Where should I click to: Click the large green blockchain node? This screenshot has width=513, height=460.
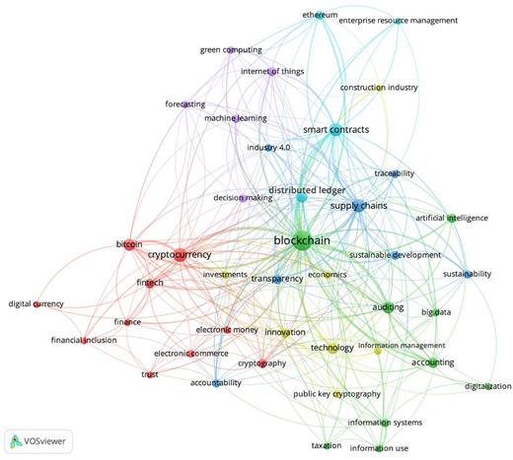coord(302,242)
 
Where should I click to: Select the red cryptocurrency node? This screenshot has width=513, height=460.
coord(180,255)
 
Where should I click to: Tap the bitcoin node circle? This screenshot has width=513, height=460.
coord(129,244)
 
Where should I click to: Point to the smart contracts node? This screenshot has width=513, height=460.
coord(335,130)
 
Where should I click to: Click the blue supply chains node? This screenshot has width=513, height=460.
coord(359,206)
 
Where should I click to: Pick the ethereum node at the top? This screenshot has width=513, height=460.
coord(320,15)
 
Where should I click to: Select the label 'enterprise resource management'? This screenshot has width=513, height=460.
coord(399,21)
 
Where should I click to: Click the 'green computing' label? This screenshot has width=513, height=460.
coord(231,50)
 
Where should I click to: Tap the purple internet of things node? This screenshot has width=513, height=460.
coord(272,72)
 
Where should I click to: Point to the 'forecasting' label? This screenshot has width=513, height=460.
coord(185,104)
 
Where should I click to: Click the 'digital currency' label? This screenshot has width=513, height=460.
coord(37,304)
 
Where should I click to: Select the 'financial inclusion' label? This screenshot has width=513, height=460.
coord(84,340)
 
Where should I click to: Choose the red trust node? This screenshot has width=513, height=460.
coord(150,375)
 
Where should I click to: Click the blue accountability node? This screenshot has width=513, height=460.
coord(216,383)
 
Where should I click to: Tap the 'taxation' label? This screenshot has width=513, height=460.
coord(327,445)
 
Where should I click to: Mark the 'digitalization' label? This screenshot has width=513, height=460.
coord(488,386)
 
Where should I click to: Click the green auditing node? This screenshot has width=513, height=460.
coord(388,308)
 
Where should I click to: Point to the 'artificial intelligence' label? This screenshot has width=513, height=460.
coord(452,218)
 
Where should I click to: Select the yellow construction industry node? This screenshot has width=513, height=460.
coord(380,88)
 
